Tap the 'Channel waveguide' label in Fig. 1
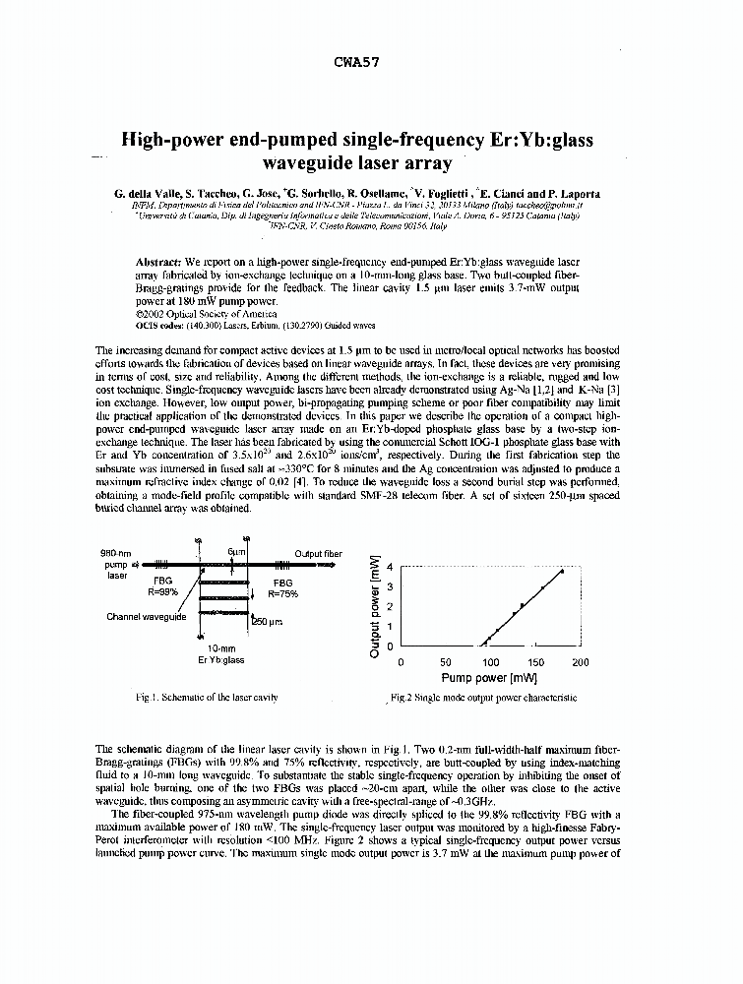(147, 617)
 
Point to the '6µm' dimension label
(236, 553)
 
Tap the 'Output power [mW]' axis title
(375, 606)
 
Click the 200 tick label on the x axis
(581, 662)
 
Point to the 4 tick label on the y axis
(389, 568)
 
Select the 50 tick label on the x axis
(445, 662)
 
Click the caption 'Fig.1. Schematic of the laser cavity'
(207, 697)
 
